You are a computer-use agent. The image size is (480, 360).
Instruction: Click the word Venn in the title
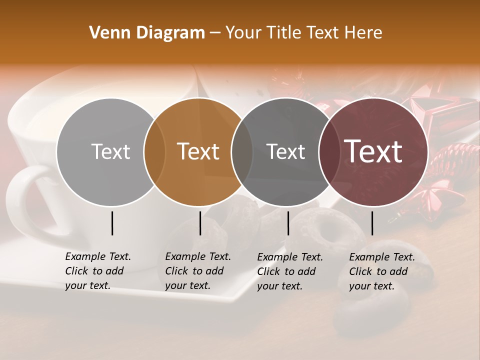pyautogui.click(x=106, y=33)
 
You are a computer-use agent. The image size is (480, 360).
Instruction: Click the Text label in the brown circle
pyautogui.click(x=198, y=151)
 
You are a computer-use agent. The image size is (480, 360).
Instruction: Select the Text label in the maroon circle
pyautogui.click(x=373, y=151)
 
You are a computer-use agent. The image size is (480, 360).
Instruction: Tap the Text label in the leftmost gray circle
pyautogui.click(x=111, y=151)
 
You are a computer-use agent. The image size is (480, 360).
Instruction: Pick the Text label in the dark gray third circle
pyautogui.click(x=286, y=151)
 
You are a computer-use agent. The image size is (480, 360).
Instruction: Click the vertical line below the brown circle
pyautogui.click(x=200, y=223)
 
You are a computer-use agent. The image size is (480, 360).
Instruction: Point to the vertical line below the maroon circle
pyautogui.click(x=372, y=223)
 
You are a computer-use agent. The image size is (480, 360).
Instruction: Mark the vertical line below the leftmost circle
pyautogui.click(x=112, y=223)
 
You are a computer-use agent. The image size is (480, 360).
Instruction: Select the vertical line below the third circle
pyautogui.click(x=288, y=223)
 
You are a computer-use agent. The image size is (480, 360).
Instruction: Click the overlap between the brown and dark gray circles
pyautogui.click(x=242, y=151)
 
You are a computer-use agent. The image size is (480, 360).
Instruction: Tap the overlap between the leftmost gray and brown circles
pyautogui.click(x=155, y=151)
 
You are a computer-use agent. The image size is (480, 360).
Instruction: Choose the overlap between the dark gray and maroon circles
pyautogui.click(x=329, y=151)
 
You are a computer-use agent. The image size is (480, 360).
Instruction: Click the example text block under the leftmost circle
pyautogui.click(x=97, y=271)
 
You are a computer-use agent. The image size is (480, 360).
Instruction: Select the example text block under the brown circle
pyautogui.click(x=197, y=271)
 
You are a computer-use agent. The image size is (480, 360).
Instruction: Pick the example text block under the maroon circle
pyautogui.click(x=381, y=271)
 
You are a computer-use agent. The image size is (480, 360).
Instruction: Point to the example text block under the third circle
pyautogui.click(x=289, y=271)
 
